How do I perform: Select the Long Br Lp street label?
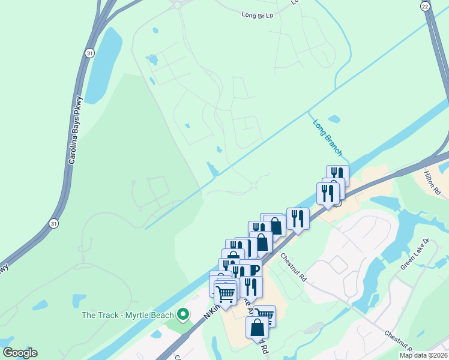coord(258,14)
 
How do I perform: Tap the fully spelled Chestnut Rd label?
coord(294,267)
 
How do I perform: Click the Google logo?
coord(20,353)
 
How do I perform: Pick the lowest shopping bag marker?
coord(257,328)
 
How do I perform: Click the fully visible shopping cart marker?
coord(225,294)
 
